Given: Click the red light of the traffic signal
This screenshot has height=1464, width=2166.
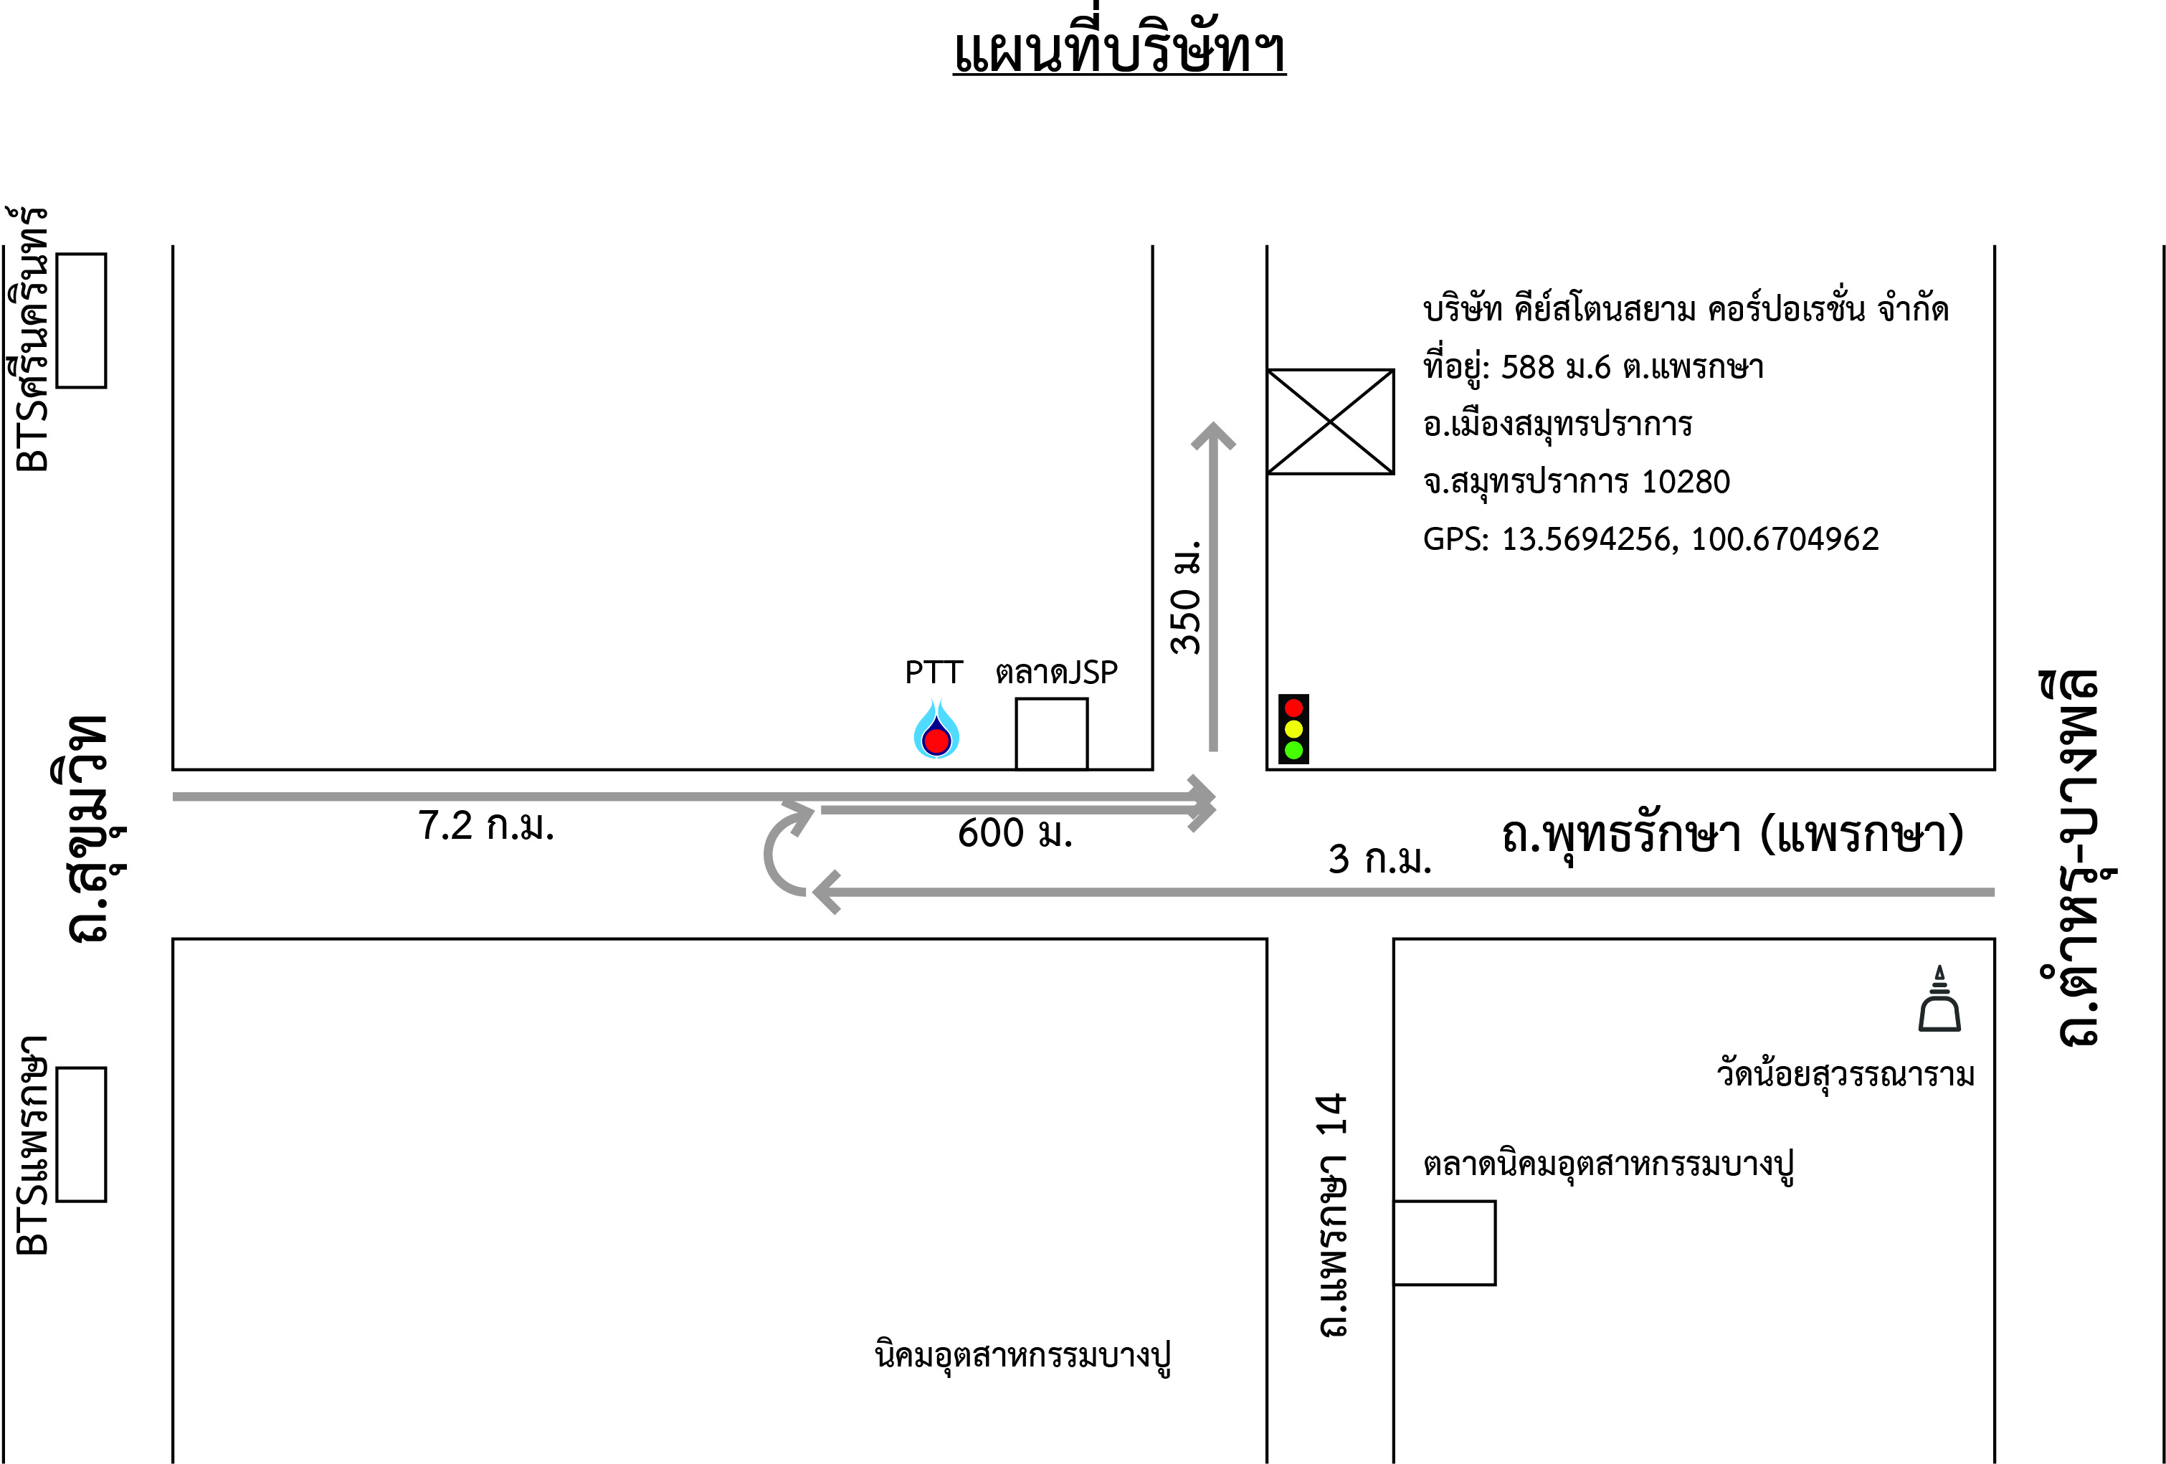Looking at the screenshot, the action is [1293, 708].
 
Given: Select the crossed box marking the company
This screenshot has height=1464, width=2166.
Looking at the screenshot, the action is [1330, 422].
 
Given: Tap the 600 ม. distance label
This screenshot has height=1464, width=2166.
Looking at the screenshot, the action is [1015, 833].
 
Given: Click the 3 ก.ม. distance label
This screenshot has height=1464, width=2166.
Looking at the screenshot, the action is [1379, 859].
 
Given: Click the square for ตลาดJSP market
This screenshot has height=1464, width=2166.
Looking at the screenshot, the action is [1051, 734].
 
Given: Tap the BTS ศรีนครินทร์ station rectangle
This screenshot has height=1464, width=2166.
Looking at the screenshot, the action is [81, 320].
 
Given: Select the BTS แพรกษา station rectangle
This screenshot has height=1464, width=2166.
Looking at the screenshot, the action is [81, 1134].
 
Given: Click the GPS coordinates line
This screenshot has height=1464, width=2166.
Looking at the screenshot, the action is [1650, 538].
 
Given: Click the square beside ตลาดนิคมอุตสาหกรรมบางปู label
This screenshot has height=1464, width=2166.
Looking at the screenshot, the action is [1445, 1243].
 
